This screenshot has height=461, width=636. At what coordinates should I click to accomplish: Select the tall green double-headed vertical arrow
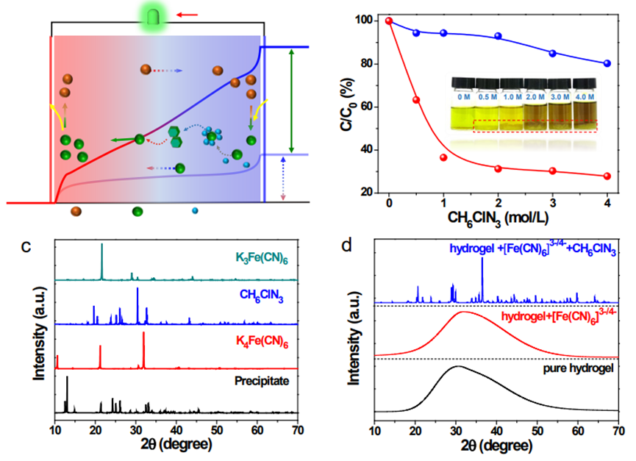click(293, 99)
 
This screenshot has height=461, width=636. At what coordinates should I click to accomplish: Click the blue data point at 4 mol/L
click(606, 64)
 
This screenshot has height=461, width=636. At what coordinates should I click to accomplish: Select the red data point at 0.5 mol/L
click(416, 100)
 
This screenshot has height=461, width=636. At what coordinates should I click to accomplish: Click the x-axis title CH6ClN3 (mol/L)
click(497, 219)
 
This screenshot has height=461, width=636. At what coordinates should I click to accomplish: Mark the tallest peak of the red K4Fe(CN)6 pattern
click(143, 334)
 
